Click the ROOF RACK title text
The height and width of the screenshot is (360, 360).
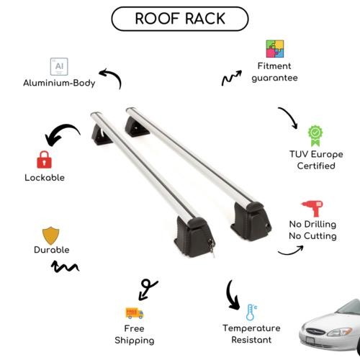point(180,19)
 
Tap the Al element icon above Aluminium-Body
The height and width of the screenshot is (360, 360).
point(59,66)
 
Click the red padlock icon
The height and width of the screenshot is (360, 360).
point(44,160)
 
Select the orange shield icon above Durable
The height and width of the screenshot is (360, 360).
point(50,235)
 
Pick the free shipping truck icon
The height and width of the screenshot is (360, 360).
point(135,312)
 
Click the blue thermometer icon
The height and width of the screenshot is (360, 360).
point(251,312)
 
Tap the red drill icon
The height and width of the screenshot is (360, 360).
point(312,208)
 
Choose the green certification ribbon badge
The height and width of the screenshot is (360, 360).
point(315,135)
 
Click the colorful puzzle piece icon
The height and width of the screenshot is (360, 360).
point(275,49)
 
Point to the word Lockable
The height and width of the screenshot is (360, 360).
point(45,178)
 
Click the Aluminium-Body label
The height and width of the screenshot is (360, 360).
point(59,83)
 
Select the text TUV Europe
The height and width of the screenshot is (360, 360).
point(316,154)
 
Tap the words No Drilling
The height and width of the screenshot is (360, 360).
point(312,224)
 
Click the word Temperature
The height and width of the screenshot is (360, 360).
point(251,328)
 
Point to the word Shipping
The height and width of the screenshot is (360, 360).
point(135,341)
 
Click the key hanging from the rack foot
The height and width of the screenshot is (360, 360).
point(212,248)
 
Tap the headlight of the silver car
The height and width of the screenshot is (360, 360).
point(340,332)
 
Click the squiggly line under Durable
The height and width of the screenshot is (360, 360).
point(65,266)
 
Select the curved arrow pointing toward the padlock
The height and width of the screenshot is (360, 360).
point(60,131)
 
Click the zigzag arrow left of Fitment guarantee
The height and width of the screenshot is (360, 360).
point(231,78)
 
